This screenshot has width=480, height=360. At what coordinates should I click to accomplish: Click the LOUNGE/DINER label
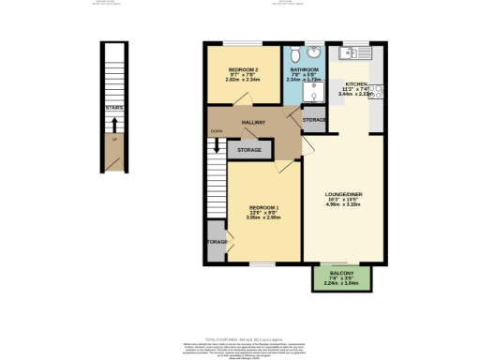(x=344, y=194)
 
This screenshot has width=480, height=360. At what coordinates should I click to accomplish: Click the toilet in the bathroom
(x=295, y=53)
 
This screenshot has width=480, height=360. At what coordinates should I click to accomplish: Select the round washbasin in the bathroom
(x=313, y=53)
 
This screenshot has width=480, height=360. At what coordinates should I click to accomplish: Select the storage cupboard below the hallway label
(x=248, y=150)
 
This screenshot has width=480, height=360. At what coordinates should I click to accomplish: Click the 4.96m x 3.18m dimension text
(x=344, y=207)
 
